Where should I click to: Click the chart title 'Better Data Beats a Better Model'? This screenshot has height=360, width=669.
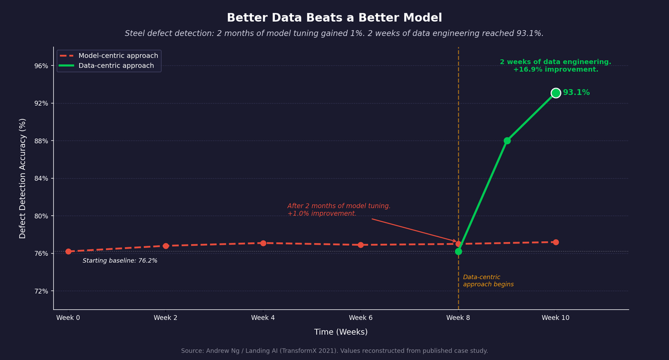coord(334,18)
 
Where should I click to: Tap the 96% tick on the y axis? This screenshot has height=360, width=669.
coord(41,66)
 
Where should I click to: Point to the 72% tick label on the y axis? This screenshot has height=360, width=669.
coord(41,291)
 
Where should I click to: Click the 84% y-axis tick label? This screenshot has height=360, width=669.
coord(41,178)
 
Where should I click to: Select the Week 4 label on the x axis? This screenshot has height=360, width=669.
coord(263,318)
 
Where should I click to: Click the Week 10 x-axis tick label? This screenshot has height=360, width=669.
coord(555,318)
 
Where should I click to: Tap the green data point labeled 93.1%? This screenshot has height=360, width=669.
coord(556,93)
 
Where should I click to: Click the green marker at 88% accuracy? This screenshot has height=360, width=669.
coord(507,140)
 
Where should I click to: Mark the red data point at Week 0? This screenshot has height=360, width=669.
coord(69,251)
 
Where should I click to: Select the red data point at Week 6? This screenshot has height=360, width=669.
coord(361,245)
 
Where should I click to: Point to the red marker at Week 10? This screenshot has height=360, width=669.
coord(556,242)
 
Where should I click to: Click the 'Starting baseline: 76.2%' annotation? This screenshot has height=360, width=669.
coord(120,261)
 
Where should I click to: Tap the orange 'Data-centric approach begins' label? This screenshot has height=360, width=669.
coord(488,281)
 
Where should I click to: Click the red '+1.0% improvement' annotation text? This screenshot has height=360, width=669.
coord(322,213)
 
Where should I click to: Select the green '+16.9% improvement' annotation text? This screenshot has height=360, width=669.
coord(555,70)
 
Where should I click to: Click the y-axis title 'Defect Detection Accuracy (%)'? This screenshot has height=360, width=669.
coord(23,178)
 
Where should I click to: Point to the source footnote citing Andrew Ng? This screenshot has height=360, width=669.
coord(334,351)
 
